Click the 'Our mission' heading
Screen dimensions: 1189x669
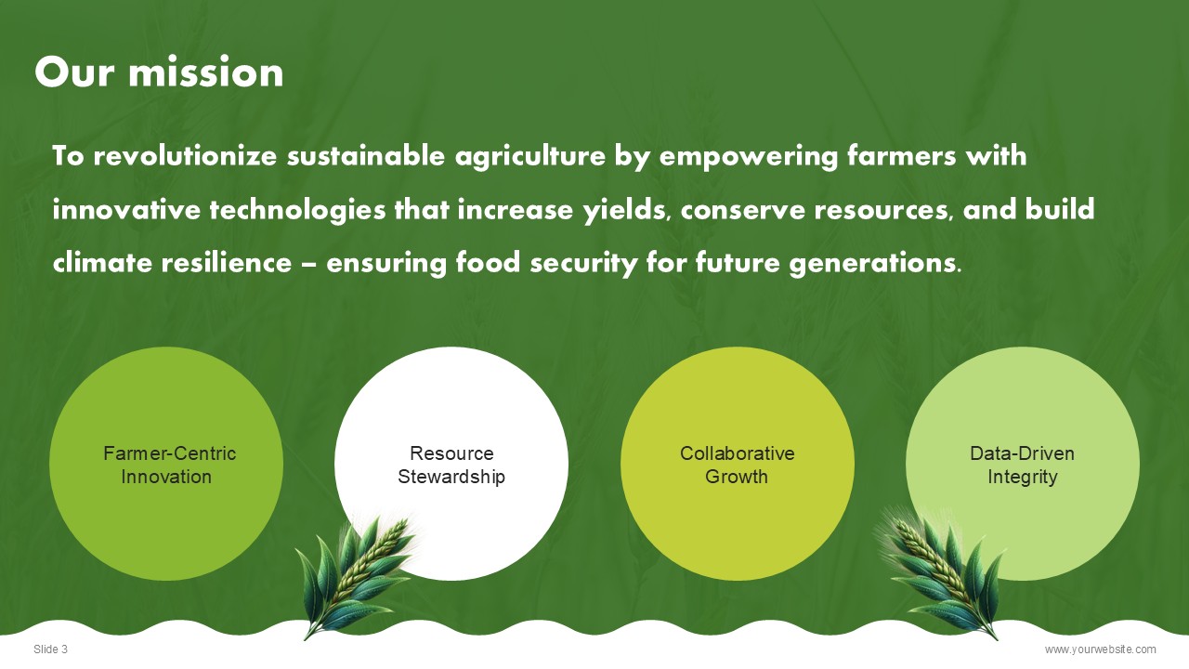[159, 72]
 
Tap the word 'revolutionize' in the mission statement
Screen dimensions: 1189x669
[185, 156]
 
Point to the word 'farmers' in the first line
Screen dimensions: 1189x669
[901, 156]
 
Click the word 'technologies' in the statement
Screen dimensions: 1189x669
[297, 210]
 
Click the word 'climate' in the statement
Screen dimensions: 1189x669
[102, 263]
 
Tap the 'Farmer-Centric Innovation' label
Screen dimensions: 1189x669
[169, 466]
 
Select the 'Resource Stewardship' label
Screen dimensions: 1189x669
[451, 466]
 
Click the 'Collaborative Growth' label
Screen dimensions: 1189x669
[738, 466]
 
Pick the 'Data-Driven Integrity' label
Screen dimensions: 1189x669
[1023, 466]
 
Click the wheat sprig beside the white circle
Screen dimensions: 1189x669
[356, 576]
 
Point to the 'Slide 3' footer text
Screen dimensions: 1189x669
[50, 649]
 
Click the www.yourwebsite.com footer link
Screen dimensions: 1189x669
[1101, 649]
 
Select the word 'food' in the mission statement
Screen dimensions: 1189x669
[488, 263]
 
